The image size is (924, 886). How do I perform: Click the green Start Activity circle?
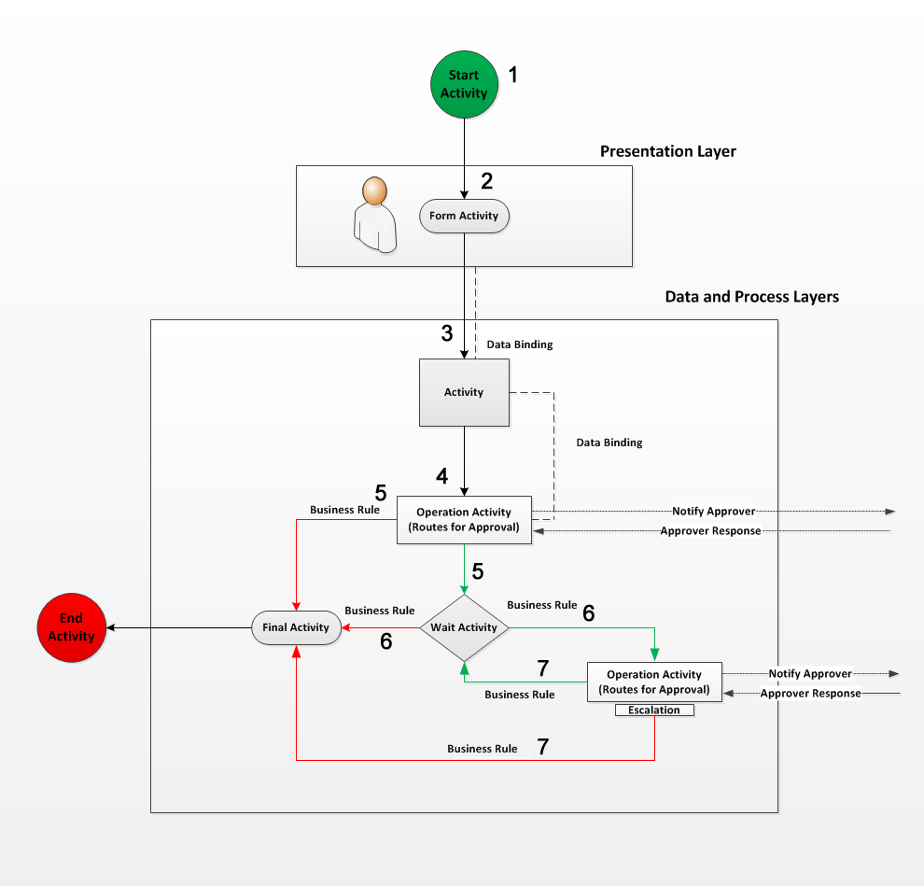pyautogui.click(x=464, y=85)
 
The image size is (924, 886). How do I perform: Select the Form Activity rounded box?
pyautogui.click(x=464, y=216)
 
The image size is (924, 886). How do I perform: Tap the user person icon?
pyautogui.click(x=375, y=215)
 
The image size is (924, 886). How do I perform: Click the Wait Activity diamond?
pyautogui.click(x=464, y=627)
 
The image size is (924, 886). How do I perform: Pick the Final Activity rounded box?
pyautogui.click(x=296, y=627)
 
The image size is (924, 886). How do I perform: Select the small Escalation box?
pyautogui.click(x=654, y=710)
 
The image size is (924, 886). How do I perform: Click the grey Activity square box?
pyautogui.click(x=464, y=392)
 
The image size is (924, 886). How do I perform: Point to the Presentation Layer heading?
pyautogui.click(x=667, y=151)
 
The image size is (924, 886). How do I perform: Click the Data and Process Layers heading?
pyautogui.click(x=751, y=297)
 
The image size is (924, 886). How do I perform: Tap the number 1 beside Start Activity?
pyautogui.click(x=511, y=75)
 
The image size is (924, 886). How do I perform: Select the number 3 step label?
pyautogui.click(x=447, y=332)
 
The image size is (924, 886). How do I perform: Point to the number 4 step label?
pyautogui.click(x=441, y=476)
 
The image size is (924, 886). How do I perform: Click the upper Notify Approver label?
pyautogui.click(x=713, y=512)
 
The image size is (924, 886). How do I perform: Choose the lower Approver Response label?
pyautogui.click(x=810, y=694)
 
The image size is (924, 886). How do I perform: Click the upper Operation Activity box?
pyautogui.click(x=464, y=519)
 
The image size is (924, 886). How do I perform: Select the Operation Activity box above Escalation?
pyautogui.click(x=654, y=682)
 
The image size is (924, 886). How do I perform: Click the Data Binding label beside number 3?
pyautogui.click(x=520, y=345)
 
